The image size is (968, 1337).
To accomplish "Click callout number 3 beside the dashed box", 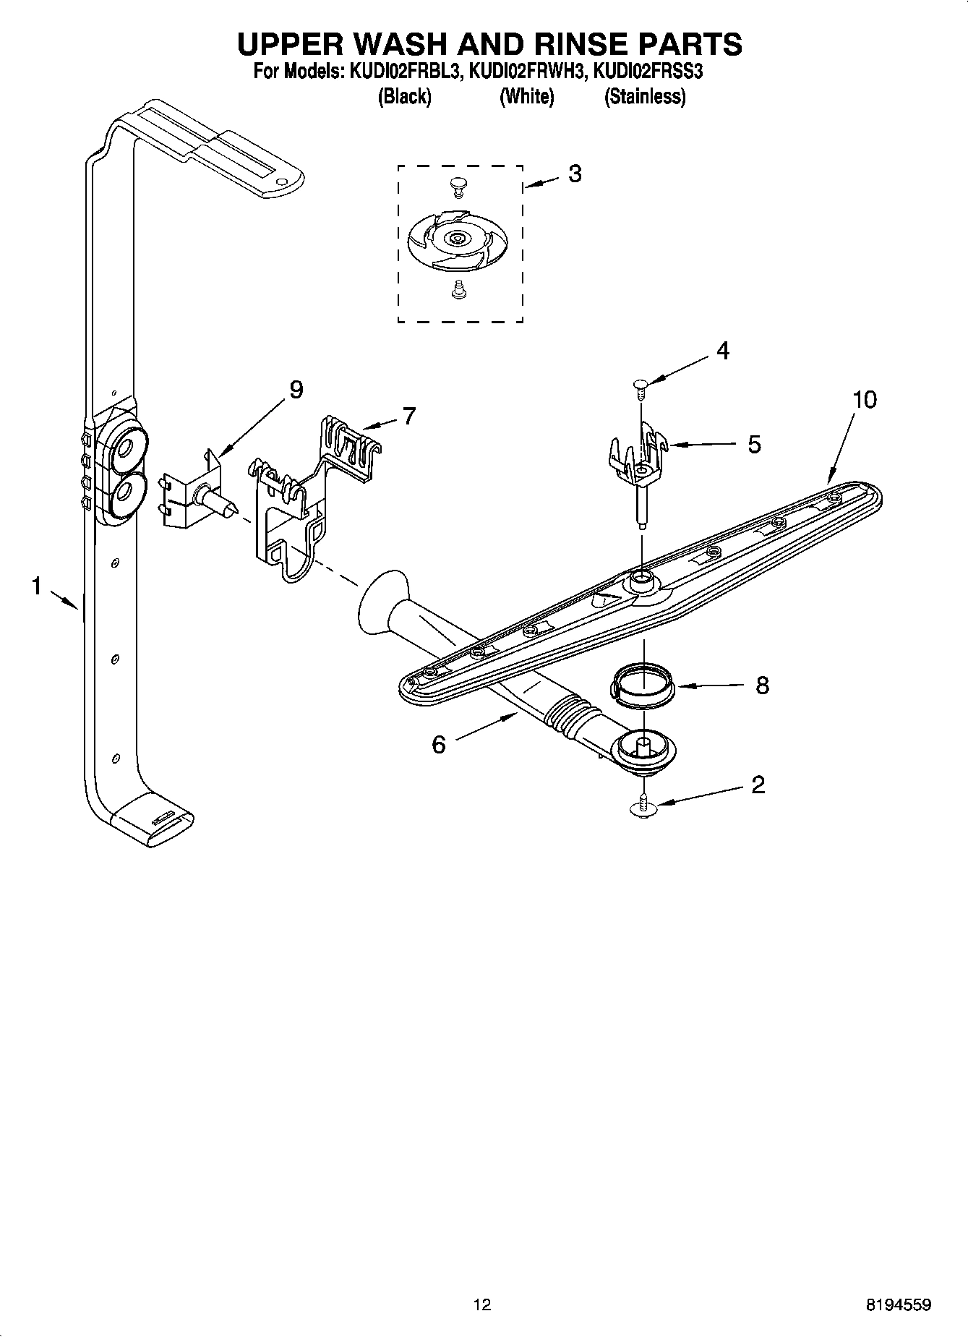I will click(x=574, y=174).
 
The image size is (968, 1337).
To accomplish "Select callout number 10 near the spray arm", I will click(x=864, y=399).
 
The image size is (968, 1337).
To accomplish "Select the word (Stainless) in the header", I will click(x=645, y=96).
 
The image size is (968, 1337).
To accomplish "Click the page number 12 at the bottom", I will click(x=481, y=1304).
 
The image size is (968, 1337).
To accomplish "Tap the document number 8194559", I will click(x=898, y=1304).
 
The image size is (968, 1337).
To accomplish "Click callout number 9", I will click(x=296, y=390).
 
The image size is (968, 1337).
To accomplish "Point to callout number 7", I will click(x=408, y=417).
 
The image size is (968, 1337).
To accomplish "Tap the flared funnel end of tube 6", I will click(x=380, y=600).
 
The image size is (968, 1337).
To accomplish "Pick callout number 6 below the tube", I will click(x=439, y=744).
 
